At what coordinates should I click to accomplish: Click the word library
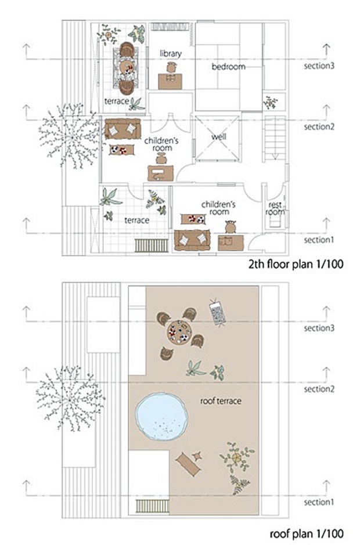(171, 53)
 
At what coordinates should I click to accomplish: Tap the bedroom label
(229, 66)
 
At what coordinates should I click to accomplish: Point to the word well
(218, 136)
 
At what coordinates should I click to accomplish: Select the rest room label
(275, 208)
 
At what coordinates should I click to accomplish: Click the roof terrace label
(221, 401)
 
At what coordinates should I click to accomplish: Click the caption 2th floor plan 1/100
(296, 264)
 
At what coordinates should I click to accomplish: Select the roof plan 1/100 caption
(307, 533)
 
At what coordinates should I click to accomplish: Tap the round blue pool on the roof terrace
(161, 417)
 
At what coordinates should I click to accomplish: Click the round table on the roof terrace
(179, 332)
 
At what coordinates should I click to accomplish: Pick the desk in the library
(170, 81)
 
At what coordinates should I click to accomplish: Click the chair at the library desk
(171, 67)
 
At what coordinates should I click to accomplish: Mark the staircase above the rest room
(275, 138)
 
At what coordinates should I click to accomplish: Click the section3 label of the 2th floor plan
(319, 66)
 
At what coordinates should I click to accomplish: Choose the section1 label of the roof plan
(319, 502)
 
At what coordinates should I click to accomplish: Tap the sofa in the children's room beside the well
(123, 129)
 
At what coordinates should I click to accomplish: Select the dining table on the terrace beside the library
(126, 67)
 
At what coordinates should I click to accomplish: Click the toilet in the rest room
(275, 221)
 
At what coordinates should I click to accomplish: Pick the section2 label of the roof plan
(319, 389)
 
